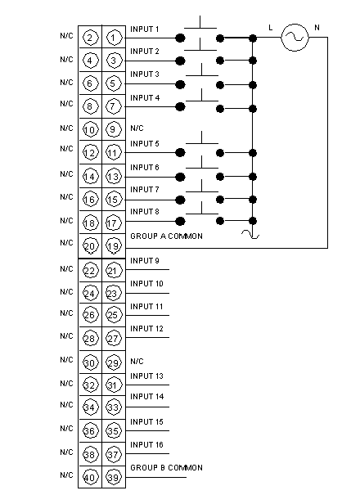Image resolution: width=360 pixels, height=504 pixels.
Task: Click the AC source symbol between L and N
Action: (x=295, y=38)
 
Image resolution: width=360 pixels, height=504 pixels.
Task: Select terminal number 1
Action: (x=113, y=38)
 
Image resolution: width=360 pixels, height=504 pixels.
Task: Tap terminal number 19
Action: (x=113, y=246)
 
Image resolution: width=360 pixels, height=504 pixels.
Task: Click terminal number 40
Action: (x=90, y=477)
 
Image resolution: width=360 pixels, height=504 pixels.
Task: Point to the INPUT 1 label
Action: (x=145, y=29)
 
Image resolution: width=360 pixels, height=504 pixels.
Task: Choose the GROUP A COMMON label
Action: (x=167, y=236)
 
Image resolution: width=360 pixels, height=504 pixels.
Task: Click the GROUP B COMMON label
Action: (x=167, y=468)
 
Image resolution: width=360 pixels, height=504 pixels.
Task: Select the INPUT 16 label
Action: (x=147, y=445)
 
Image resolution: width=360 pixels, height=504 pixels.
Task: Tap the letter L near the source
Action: (x=271, y=28)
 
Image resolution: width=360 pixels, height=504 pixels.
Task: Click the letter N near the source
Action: (x=317, y=28)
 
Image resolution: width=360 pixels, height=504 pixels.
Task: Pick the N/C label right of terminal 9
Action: (x=137, y=128)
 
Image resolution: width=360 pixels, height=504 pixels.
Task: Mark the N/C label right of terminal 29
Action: (x=137, y=362)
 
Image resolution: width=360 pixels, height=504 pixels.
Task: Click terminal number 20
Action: (x=90, y=246)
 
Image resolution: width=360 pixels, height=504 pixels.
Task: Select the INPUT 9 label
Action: (x=145, y=261)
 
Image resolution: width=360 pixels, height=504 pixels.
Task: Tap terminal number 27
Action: (x=113, y=339)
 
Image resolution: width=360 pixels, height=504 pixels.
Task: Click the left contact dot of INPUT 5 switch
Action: (x=180, y=152)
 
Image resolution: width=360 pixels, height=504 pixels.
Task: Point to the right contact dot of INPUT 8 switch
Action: (x=220, y=221)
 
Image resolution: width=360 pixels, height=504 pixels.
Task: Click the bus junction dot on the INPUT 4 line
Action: (x=253, y=109)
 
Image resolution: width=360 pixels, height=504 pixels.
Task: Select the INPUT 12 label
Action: (x=147, y=329)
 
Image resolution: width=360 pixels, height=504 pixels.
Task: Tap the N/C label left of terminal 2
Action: (x=66, y=36)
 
